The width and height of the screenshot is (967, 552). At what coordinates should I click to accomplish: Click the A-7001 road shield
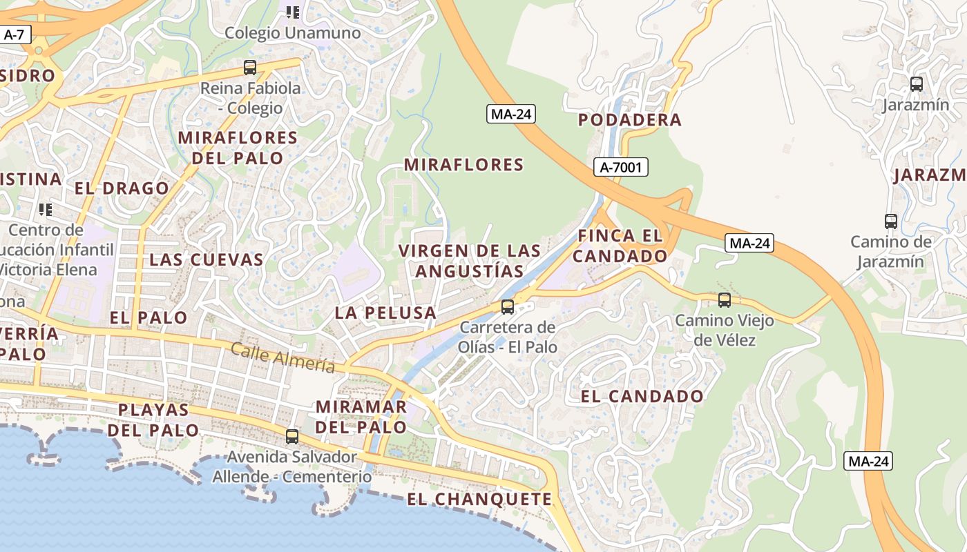[621, 166]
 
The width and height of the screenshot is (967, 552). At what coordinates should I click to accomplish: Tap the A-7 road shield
[15, 34]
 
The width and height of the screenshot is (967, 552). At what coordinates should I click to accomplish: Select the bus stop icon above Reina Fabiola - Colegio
[250, 68]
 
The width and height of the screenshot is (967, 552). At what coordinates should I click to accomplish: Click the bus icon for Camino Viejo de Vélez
[724, 300]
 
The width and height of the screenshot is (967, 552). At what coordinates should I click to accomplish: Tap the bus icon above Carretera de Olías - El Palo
[508, 307]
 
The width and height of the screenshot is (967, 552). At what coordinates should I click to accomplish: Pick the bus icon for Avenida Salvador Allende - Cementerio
[292, 436]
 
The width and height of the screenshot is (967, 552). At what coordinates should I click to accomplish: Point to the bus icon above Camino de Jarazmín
[891, 221]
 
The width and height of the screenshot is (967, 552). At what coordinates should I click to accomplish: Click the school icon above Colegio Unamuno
[293, 12]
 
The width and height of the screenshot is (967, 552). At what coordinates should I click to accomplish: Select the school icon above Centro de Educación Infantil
[46, 209]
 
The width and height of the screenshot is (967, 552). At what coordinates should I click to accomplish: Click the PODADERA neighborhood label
[629, 120]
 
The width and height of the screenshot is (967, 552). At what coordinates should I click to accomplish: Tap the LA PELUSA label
[385, 313]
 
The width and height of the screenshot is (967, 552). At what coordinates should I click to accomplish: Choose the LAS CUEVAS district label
[207, 260]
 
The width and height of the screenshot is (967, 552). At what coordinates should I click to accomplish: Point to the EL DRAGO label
[122, 188]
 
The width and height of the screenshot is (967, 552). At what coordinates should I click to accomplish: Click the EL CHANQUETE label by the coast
[479, 500]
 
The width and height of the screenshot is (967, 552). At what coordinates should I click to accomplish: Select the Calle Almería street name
[283, 358]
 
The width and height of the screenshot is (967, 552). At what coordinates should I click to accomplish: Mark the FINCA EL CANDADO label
[620, 246]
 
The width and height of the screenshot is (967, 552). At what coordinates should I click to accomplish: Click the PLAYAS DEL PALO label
[153, 420]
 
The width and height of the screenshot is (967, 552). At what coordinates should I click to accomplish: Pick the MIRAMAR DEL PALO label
[361, 417]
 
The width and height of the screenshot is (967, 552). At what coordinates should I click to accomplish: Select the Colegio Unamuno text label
[293, 33]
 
